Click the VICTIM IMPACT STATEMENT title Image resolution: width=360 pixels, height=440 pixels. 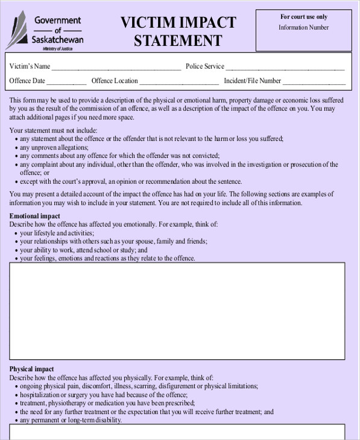(x=178, y=31)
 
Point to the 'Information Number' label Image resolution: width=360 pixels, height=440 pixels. (x=303, y=27)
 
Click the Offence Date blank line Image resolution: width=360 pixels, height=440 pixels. (x=66, y=81)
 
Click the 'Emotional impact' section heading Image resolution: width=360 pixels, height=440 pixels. (x=34, y=216)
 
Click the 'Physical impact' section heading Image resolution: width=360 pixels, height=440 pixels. (x=31, y=369)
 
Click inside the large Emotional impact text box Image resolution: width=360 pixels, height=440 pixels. (x=177, y=311)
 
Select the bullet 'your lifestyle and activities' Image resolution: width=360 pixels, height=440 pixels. (x=57, y=233)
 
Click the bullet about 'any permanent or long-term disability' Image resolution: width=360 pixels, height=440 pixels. (x=71, y=420)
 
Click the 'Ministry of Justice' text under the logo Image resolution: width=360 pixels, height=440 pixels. (x=58, y=49)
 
